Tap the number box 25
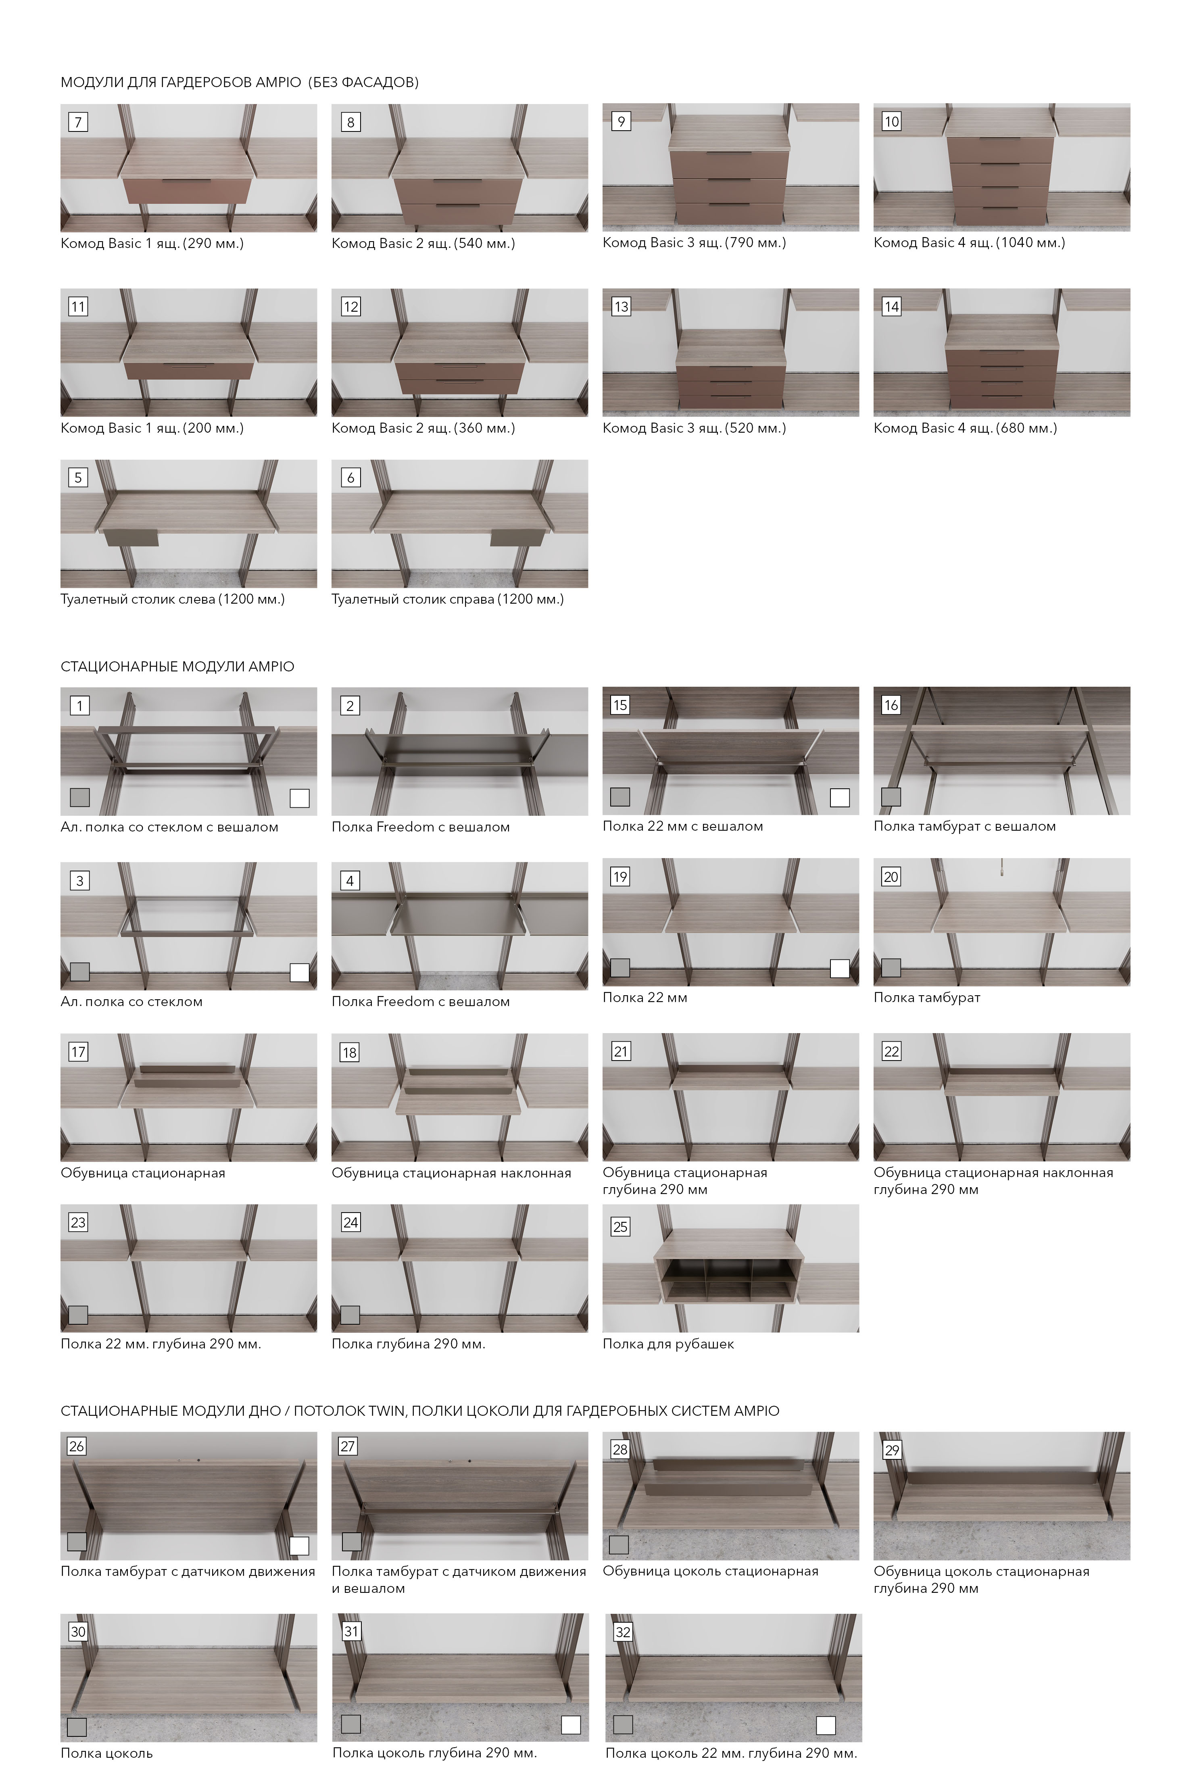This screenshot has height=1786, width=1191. [x=621, y=1227]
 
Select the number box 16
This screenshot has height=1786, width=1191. [x=891, y=705]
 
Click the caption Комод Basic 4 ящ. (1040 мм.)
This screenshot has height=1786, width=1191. [x=969, y=243]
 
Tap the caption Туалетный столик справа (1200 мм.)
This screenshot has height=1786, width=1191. [x=447, y=599]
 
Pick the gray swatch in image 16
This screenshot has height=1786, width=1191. [x=891, y=796]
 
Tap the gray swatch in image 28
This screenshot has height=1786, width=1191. [x=619, y=1544]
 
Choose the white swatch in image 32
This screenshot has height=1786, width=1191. [x=826, y=1726]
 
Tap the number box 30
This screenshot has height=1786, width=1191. [x=78, y=1632]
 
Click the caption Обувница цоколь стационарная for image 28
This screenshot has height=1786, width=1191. [x=710, y=1571]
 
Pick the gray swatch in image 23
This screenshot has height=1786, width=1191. [x=78, y=1315]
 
